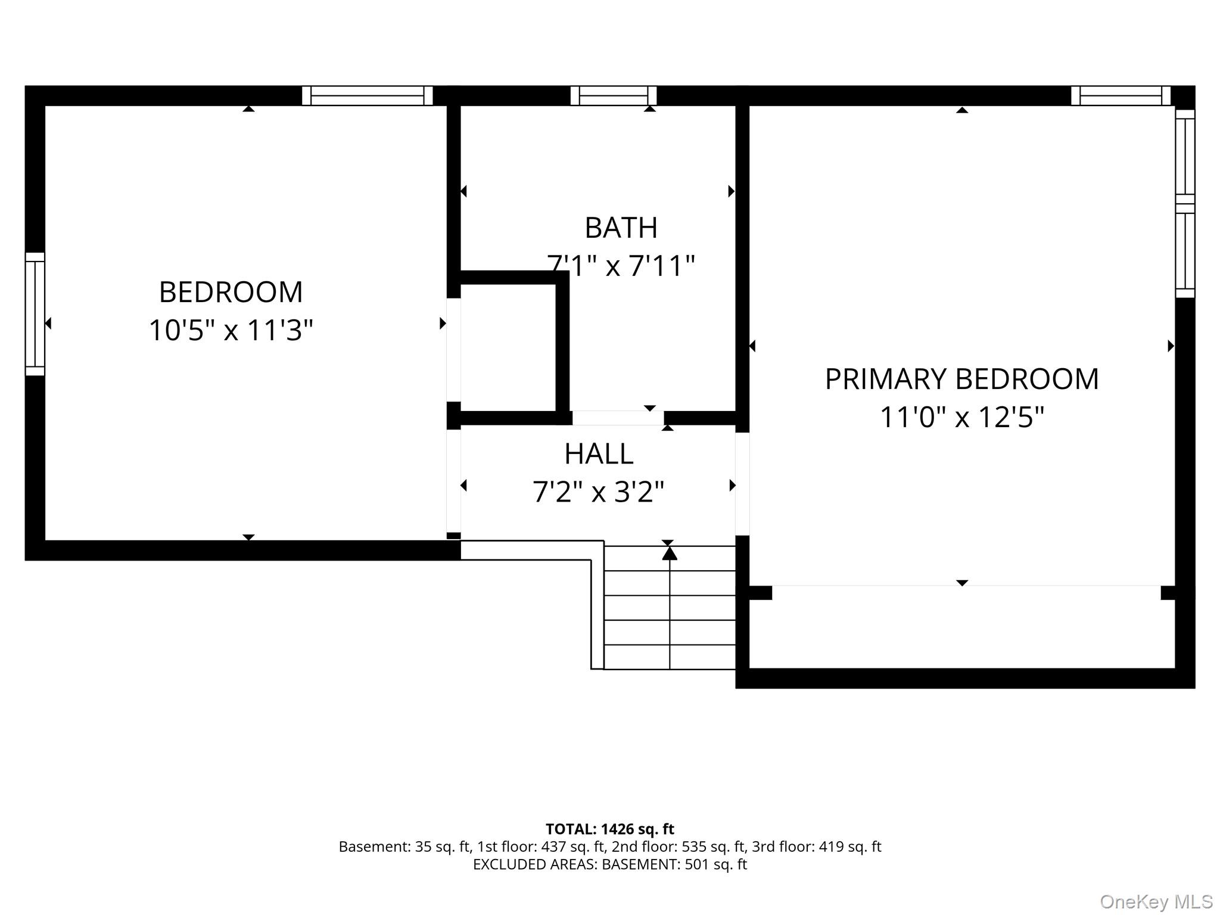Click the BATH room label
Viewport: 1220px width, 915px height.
point(621,228)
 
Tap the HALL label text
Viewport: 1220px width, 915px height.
point(599,454)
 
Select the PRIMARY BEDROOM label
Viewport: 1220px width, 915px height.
point(961,379)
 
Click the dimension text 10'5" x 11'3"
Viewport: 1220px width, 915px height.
point(231,330)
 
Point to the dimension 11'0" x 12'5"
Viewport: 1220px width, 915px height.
point(962,417)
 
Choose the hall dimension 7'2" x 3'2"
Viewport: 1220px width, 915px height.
point(598,492)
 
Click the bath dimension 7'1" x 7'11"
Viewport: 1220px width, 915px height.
point(621,266)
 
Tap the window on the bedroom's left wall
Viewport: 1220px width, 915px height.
point(35,314)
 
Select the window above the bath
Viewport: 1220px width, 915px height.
point(614,95)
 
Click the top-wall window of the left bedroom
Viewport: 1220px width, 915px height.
point(368,95)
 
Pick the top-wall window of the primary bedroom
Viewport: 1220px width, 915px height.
point(1121,95)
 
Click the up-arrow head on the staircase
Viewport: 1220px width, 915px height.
point(670,553)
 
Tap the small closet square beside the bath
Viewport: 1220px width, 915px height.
point(508,347)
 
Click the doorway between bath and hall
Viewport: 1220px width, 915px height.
point(618,418)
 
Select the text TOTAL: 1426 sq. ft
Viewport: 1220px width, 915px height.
point(610,829)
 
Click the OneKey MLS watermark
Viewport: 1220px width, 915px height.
point(1156,902)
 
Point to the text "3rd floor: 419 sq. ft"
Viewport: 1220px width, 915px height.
point(817,846)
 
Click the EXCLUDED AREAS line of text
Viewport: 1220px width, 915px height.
point(610,864)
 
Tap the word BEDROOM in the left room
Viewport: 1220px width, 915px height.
point(231,292)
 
